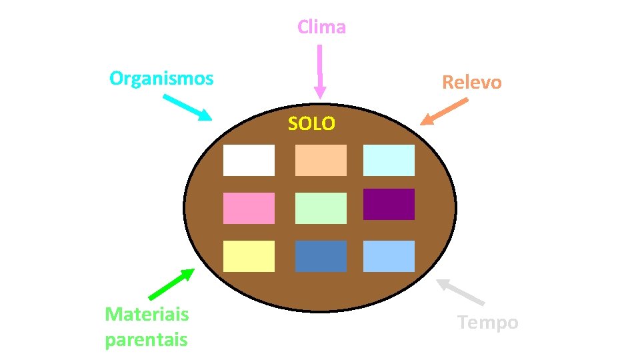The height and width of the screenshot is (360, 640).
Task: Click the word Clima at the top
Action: (x=321, y=27)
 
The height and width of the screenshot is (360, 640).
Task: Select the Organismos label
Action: (x=161, y=79)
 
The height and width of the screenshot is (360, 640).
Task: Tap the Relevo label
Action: (x=472, y=82)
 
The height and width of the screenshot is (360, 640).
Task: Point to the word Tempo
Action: (x=488, y=323)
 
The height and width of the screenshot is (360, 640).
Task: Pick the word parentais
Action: (x=146, y=339)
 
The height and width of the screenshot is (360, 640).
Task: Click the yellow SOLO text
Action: (x=311, y=123)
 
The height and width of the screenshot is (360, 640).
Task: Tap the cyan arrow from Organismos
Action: (x=187, y=107)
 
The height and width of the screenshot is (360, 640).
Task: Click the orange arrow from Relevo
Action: (x=444, y=112)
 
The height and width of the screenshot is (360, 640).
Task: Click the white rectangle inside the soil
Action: (x=249, y=160)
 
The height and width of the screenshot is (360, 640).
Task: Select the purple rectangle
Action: (x=389, y=204)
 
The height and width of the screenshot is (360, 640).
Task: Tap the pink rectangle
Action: (x=249, y=208)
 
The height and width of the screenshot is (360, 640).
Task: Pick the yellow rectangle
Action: (x=249, y=256)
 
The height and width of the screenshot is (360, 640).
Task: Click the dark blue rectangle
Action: (x=321, y=256)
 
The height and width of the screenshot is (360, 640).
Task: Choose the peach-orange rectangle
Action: (x=321, y=160)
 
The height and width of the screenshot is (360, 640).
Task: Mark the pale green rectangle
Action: (x=321, y=208)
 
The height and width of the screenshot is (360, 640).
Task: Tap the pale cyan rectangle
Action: (x=389, y=160)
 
